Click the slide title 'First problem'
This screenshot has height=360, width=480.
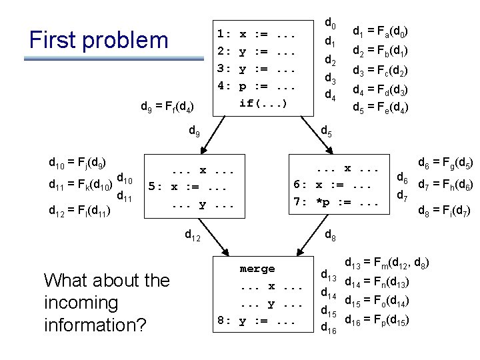point(99,40)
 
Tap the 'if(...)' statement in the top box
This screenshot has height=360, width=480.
point(263,103)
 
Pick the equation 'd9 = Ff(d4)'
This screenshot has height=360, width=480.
point(167,106)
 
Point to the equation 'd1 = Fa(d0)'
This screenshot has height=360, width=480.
point(380,31)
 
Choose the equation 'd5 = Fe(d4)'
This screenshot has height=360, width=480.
point(380,107)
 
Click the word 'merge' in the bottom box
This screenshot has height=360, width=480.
point(257,269)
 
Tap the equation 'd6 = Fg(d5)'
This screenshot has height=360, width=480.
point(445,162)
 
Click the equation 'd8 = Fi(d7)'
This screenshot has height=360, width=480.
point(445,213)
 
